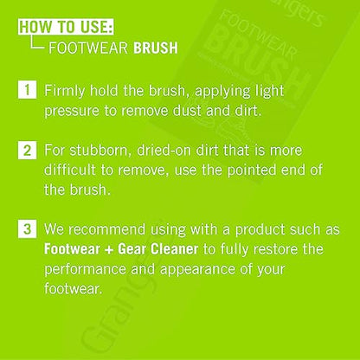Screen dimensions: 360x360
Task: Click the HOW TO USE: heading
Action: coord(66,27)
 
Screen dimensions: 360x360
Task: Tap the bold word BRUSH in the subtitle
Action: coord(156,48)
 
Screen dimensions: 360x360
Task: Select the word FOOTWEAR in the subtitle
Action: coord(88,48)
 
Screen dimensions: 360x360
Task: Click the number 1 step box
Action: coord(27,90)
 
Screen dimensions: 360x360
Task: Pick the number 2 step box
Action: coord(27,150)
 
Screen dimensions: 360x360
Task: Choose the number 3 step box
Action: coord(27,229)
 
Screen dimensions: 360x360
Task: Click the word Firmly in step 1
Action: coord(64,92)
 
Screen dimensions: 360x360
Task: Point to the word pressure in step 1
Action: coord(72,112)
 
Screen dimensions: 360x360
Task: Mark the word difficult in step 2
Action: coord(69,170)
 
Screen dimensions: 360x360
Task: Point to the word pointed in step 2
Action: coord(252,170)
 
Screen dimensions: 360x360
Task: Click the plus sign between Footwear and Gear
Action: coord(109,250)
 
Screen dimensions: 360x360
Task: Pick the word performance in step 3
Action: coord(85,270)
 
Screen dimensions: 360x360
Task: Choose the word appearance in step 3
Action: coord(197,270)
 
